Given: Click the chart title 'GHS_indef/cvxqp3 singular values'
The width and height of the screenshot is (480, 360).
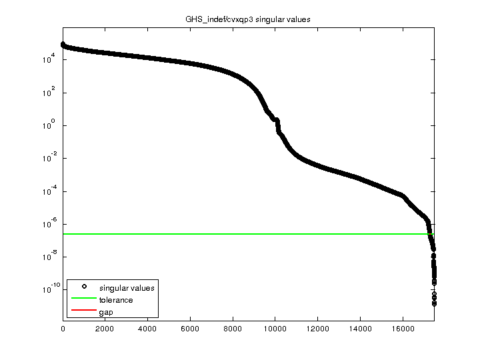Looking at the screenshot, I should (248, 19).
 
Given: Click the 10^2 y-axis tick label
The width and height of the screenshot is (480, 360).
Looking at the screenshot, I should (47, 93).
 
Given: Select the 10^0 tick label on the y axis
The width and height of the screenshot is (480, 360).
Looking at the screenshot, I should (47, 125).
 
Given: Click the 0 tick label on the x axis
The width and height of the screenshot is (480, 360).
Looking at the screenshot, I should (63, 329).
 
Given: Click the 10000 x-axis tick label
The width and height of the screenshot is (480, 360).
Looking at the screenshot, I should (275, 329).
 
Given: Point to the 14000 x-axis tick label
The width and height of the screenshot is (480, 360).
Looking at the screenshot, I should (360, 329).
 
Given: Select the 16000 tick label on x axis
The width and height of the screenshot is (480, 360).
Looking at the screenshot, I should (403, 329).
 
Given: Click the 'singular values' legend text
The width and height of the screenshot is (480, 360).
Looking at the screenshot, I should (127, 288).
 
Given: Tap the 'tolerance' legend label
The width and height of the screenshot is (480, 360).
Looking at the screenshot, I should (116, 300).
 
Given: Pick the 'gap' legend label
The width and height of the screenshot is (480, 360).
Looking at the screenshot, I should (106, 312).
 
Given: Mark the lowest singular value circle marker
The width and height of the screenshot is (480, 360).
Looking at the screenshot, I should (434, 303).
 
